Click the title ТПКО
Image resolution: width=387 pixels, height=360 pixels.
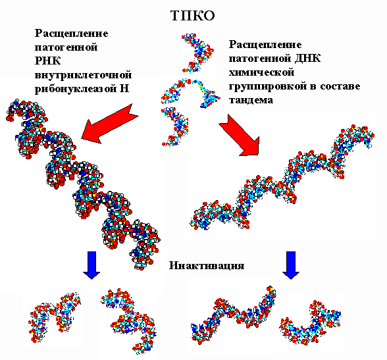click(193, 16)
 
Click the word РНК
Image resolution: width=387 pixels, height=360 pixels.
click(47, 61)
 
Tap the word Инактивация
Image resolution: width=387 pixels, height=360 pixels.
click(207, 265)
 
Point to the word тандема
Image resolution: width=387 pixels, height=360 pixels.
click(251, 100)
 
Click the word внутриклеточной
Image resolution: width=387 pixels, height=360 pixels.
click(83, 75)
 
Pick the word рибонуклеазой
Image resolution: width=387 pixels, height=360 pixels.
click(76, 89)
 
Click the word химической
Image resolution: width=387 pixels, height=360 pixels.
click(262, 72)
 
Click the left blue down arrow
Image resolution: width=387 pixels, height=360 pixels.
click(91, 265)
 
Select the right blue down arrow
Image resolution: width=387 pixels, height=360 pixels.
click(291, 265)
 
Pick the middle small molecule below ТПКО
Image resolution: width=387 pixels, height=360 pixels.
click(190, 93)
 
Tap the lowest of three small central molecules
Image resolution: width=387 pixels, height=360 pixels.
click(176, 126)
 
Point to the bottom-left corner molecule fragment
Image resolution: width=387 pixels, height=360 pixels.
click(53, 319)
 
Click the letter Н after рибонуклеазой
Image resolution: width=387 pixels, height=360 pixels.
click(124, 88)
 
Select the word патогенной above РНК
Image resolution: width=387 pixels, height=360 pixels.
click(66, 47)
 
